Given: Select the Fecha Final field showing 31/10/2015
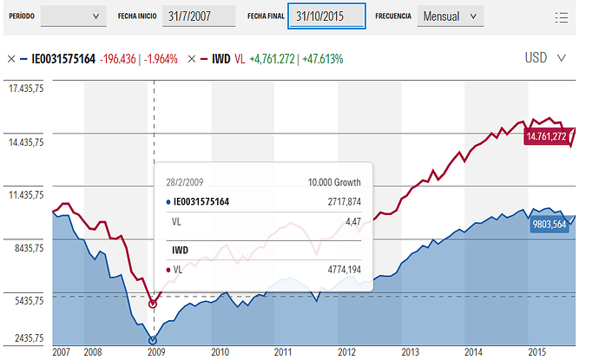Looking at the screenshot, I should (327, 16).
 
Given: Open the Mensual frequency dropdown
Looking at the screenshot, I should (448, 16).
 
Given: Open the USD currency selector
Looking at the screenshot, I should (545, 58).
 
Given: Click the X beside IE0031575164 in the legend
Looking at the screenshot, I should (11, 59).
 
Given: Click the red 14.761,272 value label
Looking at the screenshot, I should (546, 136).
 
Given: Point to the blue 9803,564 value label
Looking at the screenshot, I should (548, 224).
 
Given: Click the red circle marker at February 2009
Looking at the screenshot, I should (154, 304).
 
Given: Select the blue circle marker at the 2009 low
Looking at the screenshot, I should (154, 340).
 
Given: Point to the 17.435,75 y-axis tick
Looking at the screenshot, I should (26, 88).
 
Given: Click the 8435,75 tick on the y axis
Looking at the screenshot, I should (26, 248).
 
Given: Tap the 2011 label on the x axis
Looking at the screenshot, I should (282, 351).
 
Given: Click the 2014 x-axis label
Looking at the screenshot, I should (473, 351).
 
